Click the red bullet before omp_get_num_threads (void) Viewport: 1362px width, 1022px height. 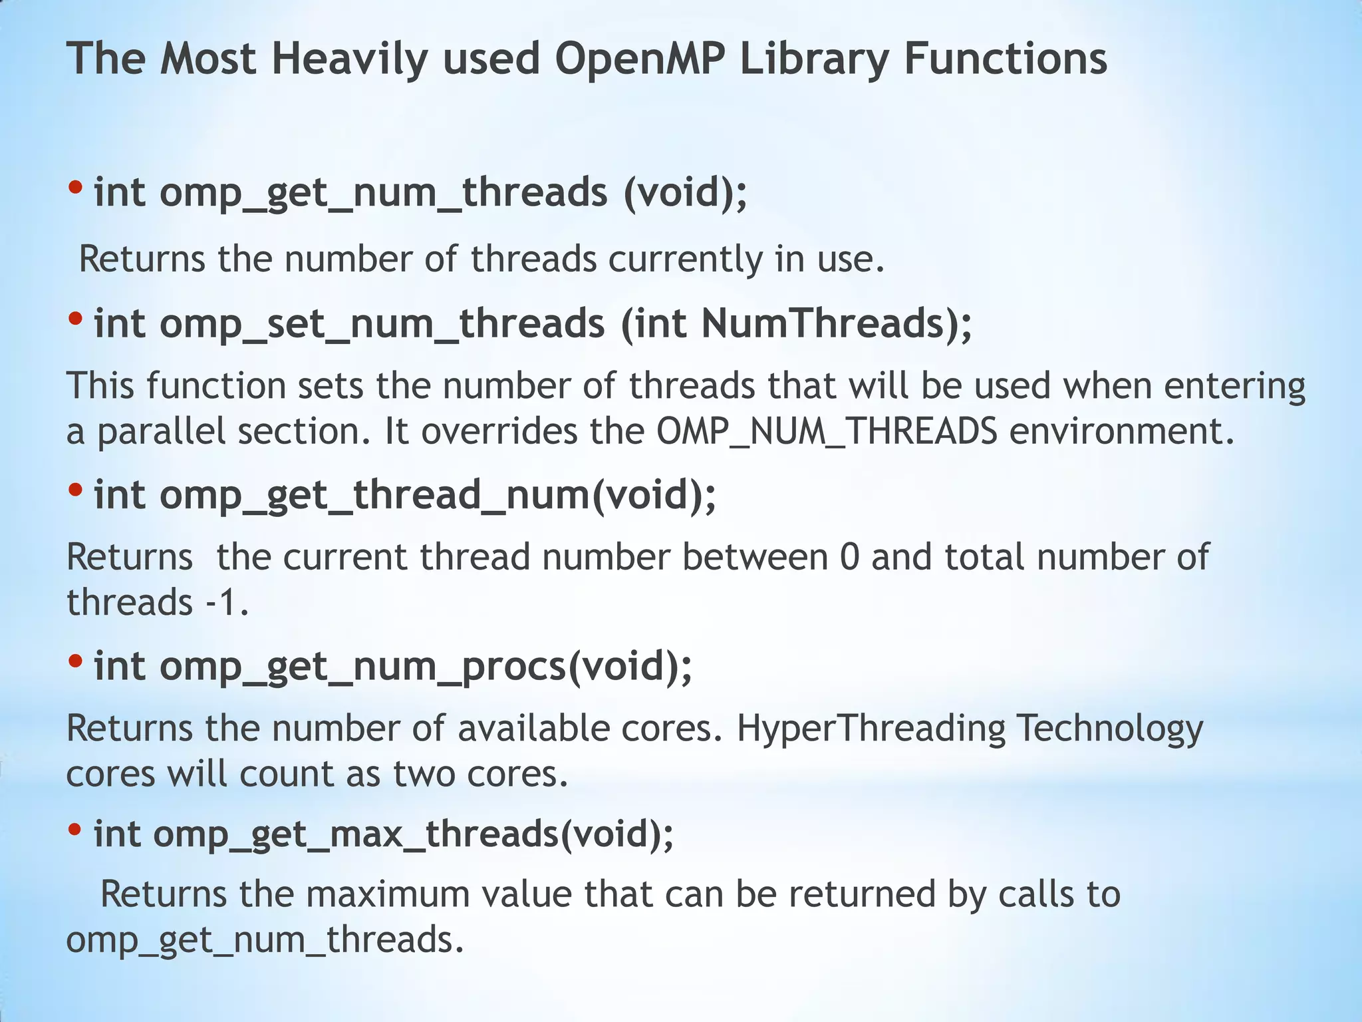point(75,188)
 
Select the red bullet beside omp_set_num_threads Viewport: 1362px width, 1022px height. point(75,319)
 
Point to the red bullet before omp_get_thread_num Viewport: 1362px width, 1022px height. point(75,491)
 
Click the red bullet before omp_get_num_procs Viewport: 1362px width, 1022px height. point(75,662)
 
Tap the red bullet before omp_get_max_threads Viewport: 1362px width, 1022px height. point(75,830)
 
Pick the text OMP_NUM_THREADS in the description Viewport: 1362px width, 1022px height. point(827,432)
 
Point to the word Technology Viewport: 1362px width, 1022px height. point(1110,729)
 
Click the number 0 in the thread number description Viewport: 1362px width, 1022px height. point(849,557)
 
